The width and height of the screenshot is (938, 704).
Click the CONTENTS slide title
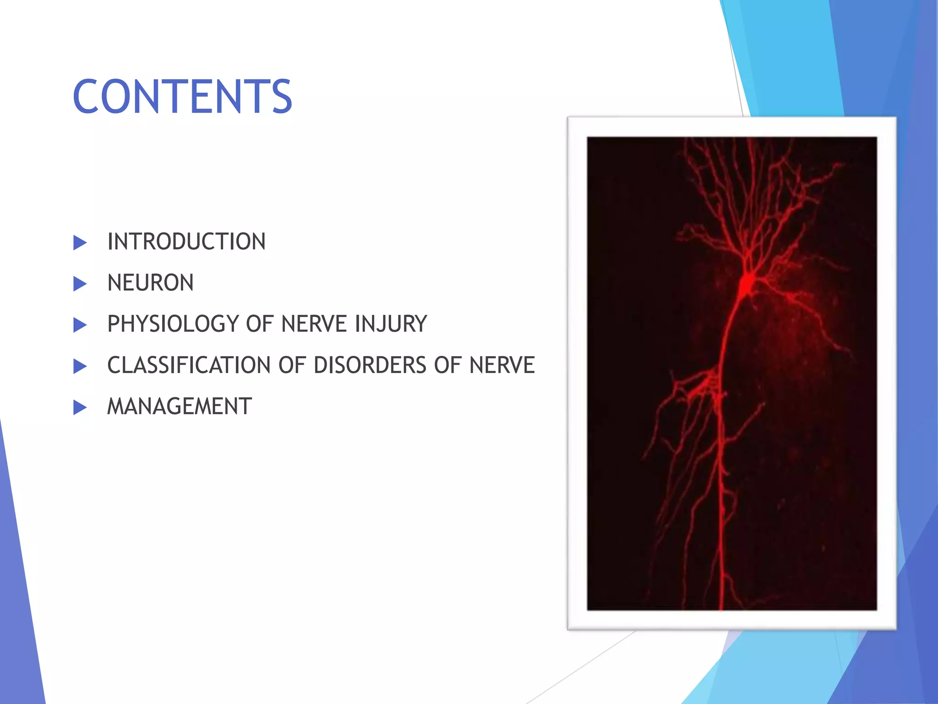pos(182,97)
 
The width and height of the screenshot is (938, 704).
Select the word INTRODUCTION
pos(186,242)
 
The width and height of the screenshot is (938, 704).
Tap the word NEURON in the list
pos(150,283)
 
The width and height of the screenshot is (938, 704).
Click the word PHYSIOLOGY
pos(173,324)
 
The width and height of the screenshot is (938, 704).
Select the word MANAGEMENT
pos(179,407)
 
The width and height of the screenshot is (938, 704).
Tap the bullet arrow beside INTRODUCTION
pos(80,242)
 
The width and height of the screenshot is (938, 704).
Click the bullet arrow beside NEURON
pos(80,284)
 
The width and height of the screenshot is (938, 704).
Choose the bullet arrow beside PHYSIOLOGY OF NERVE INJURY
pos(80,325)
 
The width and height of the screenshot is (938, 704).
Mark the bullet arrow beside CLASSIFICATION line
pos(80,366)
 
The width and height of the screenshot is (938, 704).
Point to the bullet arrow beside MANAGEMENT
pos(80,407)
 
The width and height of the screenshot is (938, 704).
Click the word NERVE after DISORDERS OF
pos(502,365)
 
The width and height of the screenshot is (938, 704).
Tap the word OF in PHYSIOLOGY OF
pos(260,324)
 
